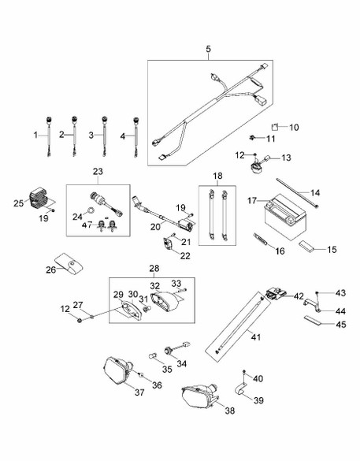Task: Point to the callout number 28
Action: [x=154, y=269]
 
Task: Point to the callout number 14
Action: [x=316, y=192]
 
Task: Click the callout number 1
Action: [x=35, y=136]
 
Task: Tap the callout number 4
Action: [x=122, y=136]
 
